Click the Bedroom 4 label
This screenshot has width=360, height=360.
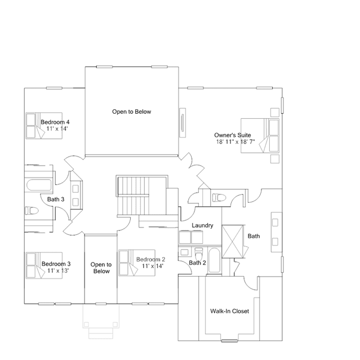click(x=55, y=122)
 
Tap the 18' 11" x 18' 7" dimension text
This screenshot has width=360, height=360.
click(x=235, y=141)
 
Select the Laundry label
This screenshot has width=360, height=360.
click(x=202, y=225)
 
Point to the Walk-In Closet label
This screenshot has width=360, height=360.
click(x=230, y=311)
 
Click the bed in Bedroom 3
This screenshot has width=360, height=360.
click(x=44, y=265)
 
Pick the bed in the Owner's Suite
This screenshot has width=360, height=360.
click(x=260, y=136)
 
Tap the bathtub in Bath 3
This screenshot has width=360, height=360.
click(x=39, y=185)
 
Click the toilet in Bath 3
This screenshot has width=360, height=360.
click(x=32, y=210)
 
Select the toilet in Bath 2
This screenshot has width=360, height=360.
click(x=199, y=254)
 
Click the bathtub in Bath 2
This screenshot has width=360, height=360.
click(x=215, y=260)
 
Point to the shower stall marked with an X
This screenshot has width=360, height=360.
click(x=233, y=242)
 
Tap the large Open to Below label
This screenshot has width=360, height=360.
click(x=132, y=112)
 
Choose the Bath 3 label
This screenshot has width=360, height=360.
click(x=56, y=199)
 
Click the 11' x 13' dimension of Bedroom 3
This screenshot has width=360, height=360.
click(x=58, y=270)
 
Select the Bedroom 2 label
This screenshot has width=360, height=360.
click(x=150, y=260)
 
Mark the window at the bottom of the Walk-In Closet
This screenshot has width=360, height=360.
click(x=229, y=341)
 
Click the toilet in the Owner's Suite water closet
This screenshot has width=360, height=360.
click(x=219, y=197)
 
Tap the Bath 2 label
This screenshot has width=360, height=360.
click(x=197, y=263)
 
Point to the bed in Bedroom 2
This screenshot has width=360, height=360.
click(x=137, y=263)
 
